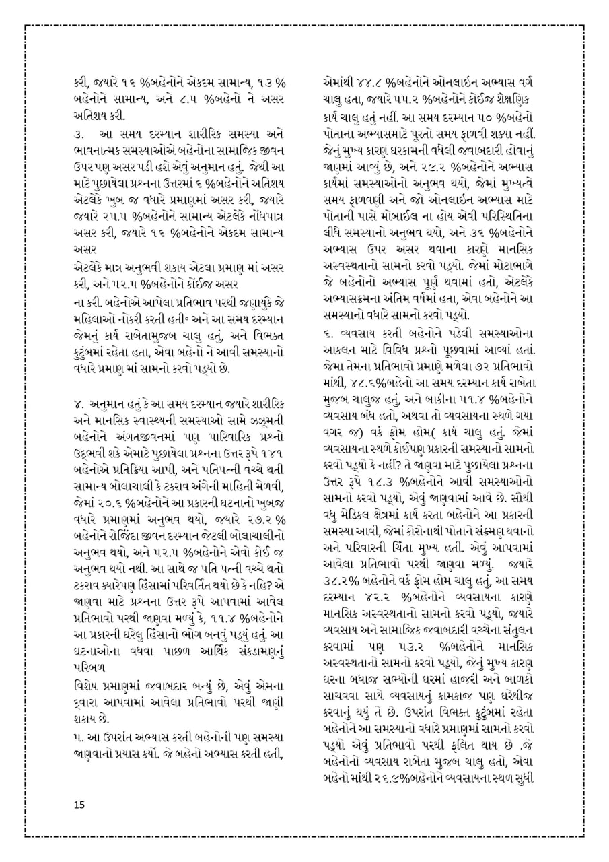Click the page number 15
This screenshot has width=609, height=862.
click(79, 805)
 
